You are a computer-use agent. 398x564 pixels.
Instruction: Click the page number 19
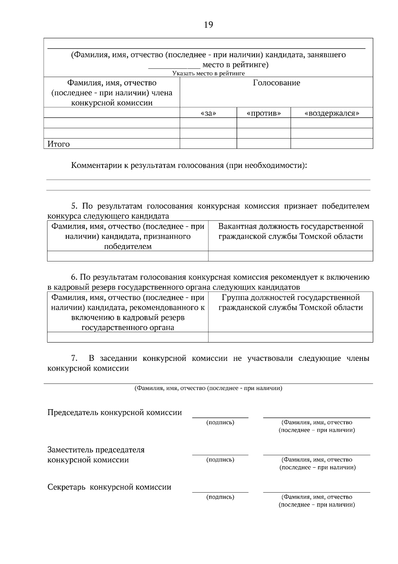[x=208, y=25]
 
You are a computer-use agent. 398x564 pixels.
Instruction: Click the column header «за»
[x=208, y=113]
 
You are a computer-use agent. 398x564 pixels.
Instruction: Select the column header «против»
[x=264, y=113]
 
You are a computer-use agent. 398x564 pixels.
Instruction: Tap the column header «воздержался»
[x=332, y=113]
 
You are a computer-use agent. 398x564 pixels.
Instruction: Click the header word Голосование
[x=276, y=83]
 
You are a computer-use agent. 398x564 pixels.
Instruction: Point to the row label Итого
[x=59, y=144]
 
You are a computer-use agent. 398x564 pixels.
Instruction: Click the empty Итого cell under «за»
[x=208, y=143]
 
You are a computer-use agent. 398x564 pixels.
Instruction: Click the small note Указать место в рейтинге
[x=208, y=73]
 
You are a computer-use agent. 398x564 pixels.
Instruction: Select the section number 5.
[x=74, y=206]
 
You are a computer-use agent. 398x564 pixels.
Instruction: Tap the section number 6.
[x=74, y=277]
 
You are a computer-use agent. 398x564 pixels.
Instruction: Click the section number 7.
[x=74, y=358]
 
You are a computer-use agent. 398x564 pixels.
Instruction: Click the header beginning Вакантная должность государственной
[x=291, y=227]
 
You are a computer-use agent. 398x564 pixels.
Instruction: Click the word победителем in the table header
[x=128, y=247]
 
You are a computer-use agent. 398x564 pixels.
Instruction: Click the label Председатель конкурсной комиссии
[x=114, y=413]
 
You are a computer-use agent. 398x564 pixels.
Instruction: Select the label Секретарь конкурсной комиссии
[x=109, y=487]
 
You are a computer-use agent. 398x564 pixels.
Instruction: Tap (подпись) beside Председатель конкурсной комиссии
[x=220, y=423]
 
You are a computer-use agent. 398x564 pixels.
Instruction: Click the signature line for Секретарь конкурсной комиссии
[x=220, y=492]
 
